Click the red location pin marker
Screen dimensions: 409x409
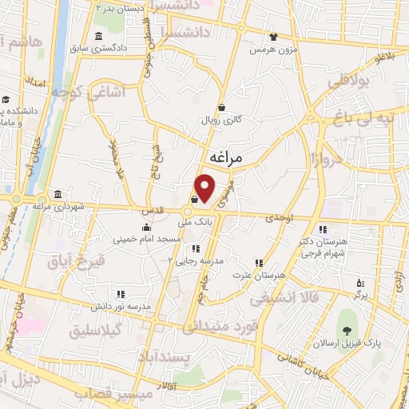tap(205, 188)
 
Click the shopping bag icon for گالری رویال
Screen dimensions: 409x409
tap(221, 107)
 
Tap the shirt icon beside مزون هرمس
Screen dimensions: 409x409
tap(274, 36)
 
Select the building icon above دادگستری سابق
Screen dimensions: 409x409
tap(98, 37)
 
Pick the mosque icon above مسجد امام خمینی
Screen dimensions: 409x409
tap(145, 226)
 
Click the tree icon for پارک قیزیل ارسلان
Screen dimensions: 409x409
tap(346, 332)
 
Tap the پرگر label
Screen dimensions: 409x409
tap(360, 296)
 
